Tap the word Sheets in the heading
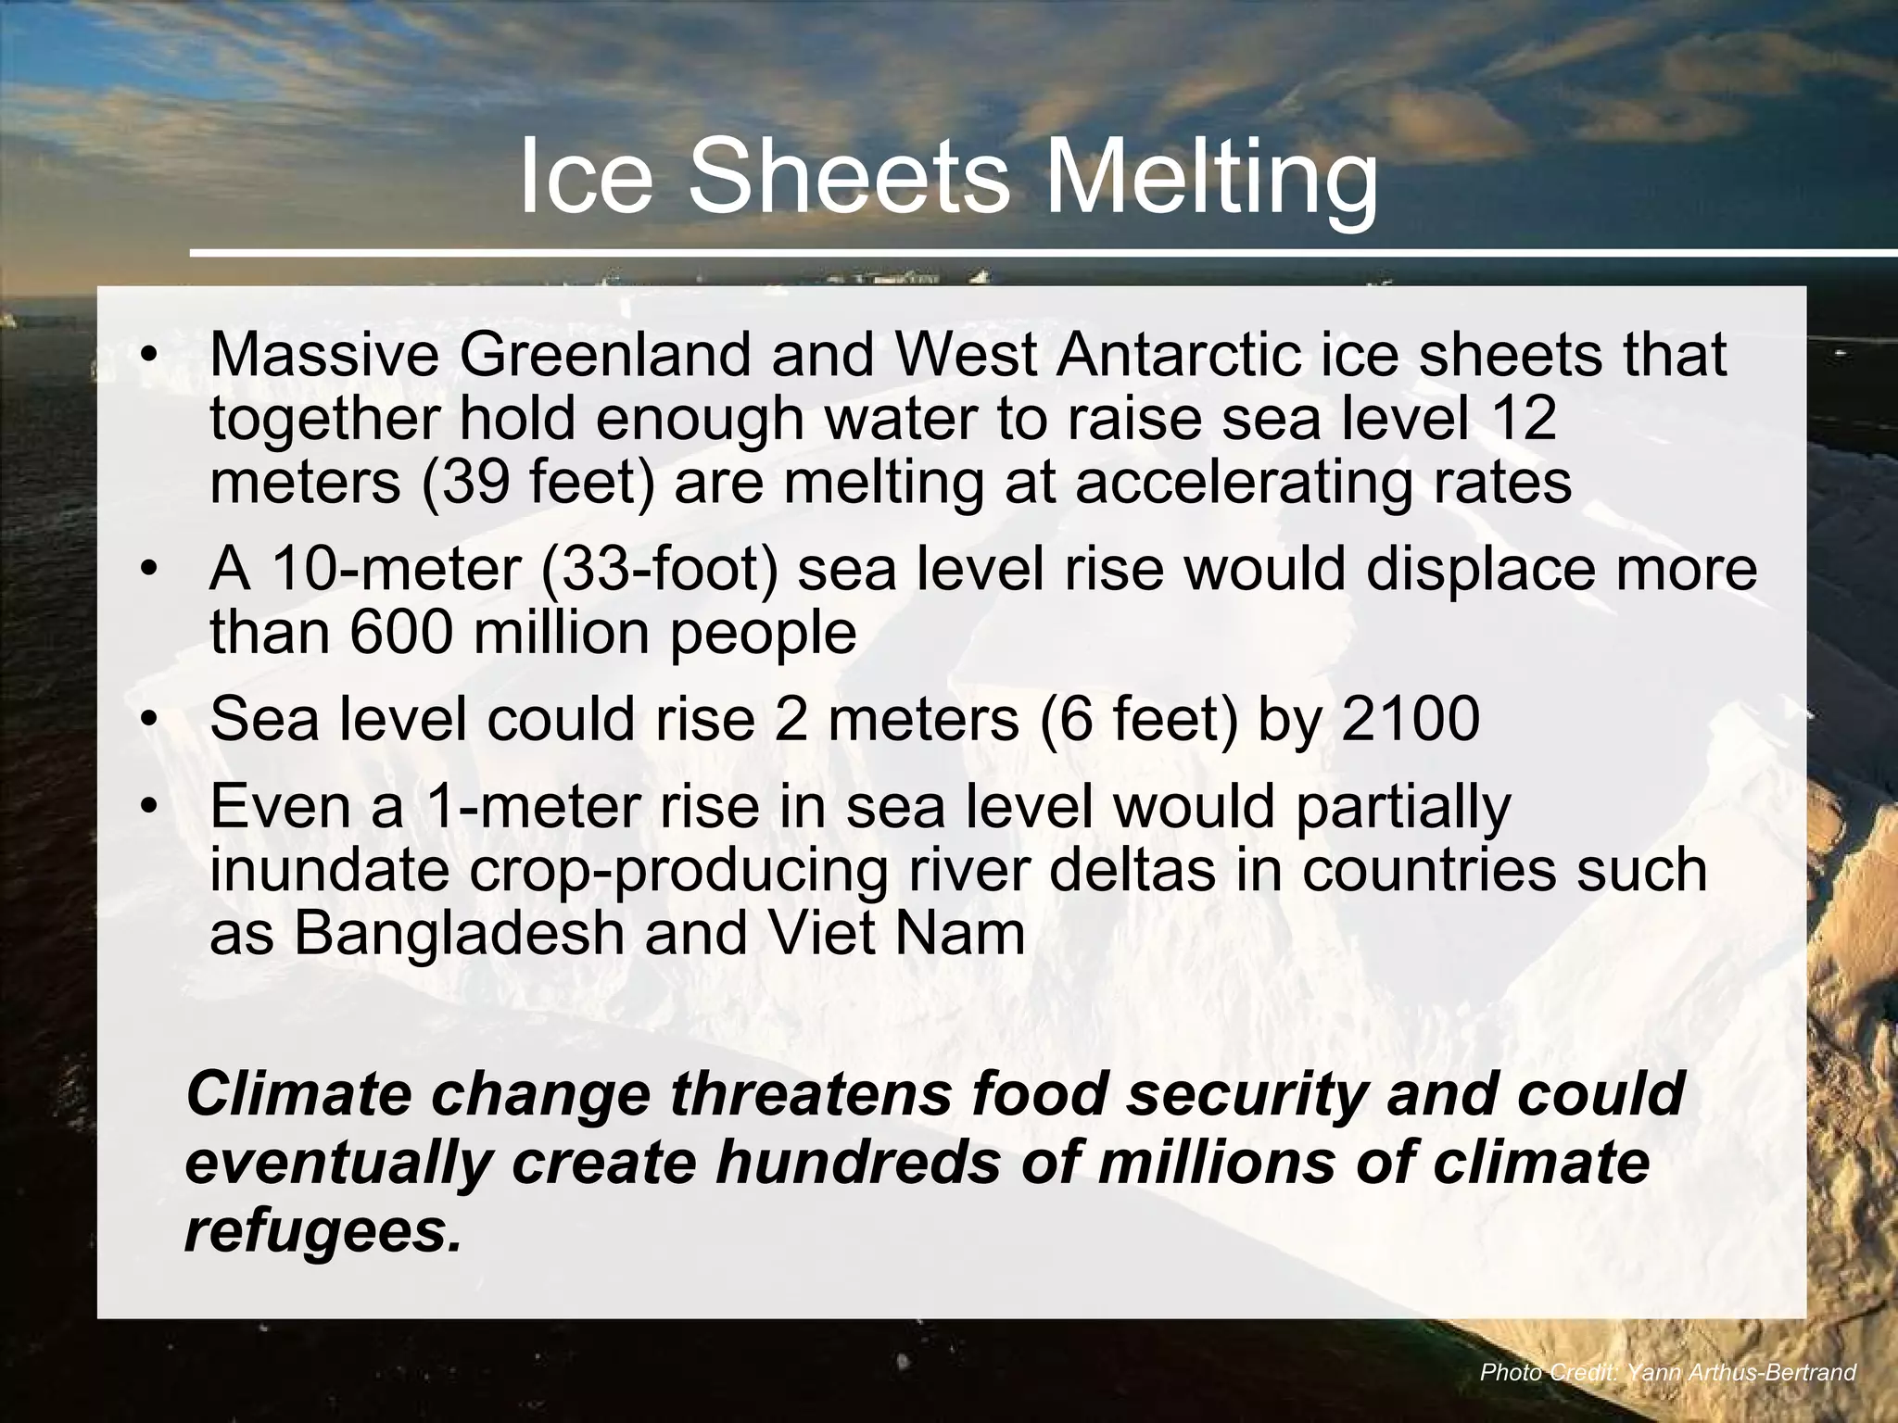847,176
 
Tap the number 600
402,633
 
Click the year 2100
1410,719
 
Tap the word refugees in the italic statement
323,1231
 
